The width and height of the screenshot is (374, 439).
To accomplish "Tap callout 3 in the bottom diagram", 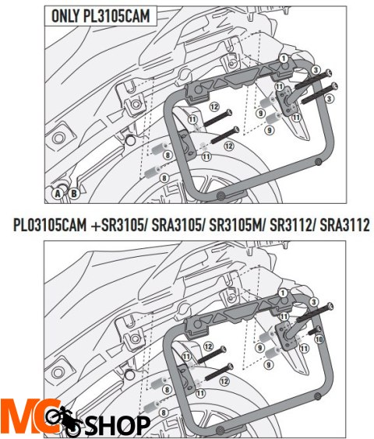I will pos(313,300).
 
